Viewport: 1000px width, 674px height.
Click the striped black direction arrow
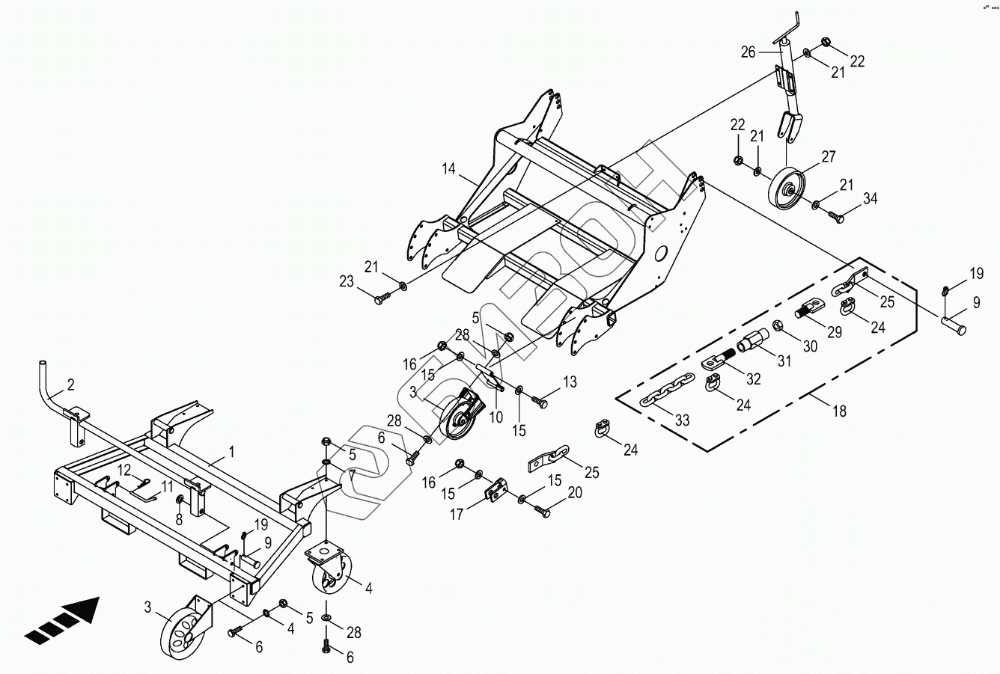pyautogui.click(x=63, y=620)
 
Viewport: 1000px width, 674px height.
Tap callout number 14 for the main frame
pyautogui.click(x=448, y=170)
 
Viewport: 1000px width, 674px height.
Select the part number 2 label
pyautogui.click(x=70, y=385)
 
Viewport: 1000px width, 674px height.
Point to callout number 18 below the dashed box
pyautogui.click(x=840, y=411)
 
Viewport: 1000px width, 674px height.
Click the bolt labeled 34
pyautogui.click(x=836, y=217)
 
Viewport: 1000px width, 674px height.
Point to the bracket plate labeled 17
pyautogui.click(x=496, y=493)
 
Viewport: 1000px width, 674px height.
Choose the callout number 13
pyautogui.click(x=570, y=382)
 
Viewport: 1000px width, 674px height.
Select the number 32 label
pyautogui.click(x=753, y=379)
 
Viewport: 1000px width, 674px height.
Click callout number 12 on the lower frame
pyautogui.click(x=124, y=469)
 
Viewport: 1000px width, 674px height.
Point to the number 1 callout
pyautogui.click(x=231, y=452)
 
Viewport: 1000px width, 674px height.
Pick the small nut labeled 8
pyautogui.click(x=180, y=499)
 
